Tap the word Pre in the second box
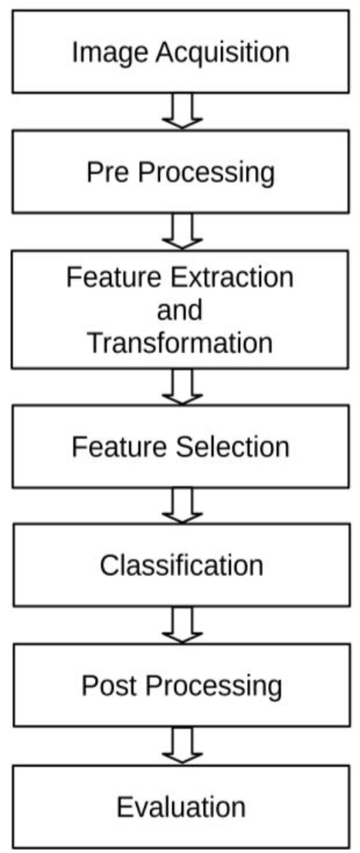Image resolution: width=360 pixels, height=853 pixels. click(x=107, y=172)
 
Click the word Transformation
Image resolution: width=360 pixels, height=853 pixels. click(x=180, y=344)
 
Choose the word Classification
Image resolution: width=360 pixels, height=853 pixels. click(x=181, y=566)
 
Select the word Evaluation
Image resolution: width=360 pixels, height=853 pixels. click(x=181, y=807)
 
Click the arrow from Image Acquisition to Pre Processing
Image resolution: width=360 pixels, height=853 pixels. click(x=182, y=111)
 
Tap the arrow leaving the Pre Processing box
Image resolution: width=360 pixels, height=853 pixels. click(x=182, y=231)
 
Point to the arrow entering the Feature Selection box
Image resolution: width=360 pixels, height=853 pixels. click(x=182, y=387)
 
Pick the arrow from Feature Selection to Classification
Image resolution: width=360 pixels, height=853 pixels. click(x=182, y=505)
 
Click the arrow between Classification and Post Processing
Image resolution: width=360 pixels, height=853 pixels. click(x=182, y=625)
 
